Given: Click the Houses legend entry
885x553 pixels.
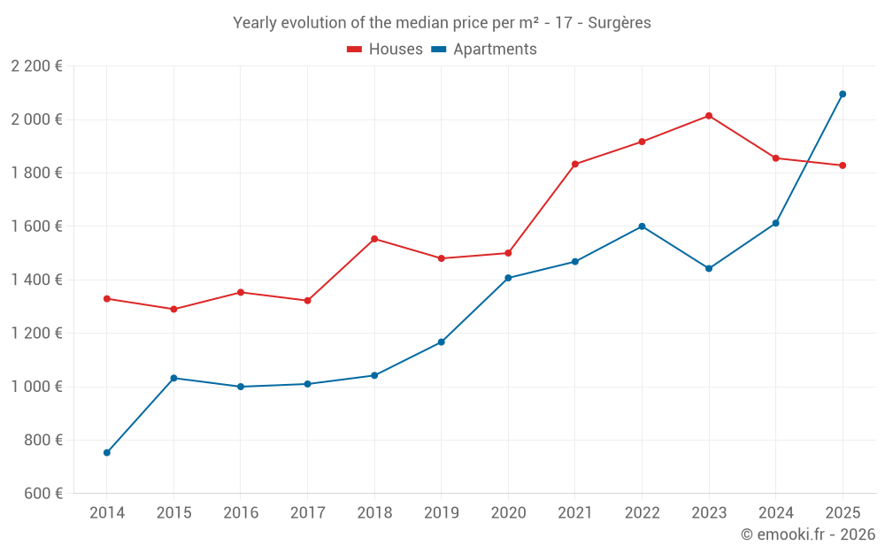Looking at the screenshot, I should [x=385, y=50].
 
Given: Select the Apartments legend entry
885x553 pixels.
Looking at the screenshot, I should [x=484, y=50].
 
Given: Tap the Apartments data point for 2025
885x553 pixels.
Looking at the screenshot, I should [x=843, y=94].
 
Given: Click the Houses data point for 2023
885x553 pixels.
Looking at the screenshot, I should [x=709, y=116].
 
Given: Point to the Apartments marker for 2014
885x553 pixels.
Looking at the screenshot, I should [x=107, y=453].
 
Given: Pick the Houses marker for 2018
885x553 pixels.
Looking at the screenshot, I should [x=374, y=239].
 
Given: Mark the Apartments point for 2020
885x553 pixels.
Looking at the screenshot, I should [x=508, y=278].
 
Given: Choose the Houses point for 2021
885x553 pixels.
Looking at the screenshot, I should [x=575, y=165].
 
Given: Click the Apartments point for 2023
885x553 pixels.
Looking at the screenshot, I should [x=709, y=268].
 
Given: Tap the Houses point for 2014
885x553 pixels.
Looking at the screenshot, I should [x=107, y=299].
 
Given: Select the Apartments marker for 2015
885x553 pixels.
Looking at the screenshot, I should [x=173, y=378].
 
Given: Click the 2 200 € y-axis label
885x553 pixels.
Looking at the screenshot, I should [x=37, y=66].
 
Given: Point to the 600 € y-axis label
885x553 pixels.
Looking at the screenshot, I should [x=44, y=494].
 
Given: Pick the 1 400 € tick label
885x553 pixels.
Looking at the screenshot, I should [x=37, y=280].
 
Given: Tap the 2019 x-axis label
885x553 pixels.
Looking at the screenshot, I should [x=441, y=513].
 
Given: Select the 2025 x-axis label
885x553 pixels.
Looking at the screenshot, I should [x=843, y=513].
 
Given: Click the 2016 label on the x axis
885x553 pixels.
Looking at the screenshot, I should [x=241, y=513].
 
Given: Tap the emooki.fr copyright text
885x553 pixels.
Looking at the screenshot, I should [x=808, y=534].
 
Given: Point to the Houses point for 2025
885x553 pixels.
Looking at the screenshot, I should [x=843, y=165].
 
